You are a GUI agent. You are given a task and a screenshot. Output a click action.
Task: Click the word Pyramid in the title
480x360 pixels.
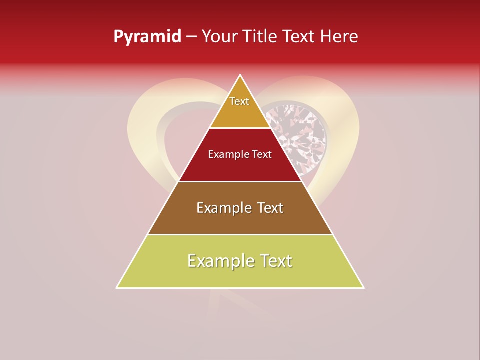click(x=147, y=37)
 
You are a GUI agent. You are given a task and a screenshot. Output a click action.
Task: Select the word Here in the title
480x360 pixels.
click(x=339, y=36)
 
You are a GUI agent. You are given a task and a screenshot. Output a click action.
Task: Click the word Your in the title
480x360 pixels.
click(x=219, y=36)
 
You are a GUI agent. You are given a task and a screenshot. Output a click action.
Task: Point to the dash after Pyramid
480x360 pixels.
click(x=191, y=37)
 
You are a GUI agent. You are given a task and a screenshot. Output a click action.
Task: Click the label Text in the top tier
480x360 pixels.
click(x=239, y=101)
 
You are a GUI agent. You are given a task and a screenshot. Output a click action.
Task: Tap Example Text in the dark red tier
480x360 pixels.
click(x=240, y=154)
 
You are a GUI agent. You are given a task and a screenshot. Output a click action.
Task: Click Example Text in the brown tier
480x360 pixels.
click(x=240, y=208)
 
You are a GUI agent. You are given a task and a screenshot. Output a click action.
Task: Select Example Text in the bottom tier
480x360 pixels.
click(x=240, y=261)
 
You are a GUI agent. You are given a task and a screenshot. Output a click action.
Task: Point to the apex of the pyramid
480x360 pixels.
click(x=240, y=75)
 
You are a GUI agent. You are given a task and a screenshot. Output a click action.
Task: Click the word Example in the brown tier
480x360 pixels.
click(x=223, y=208)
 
